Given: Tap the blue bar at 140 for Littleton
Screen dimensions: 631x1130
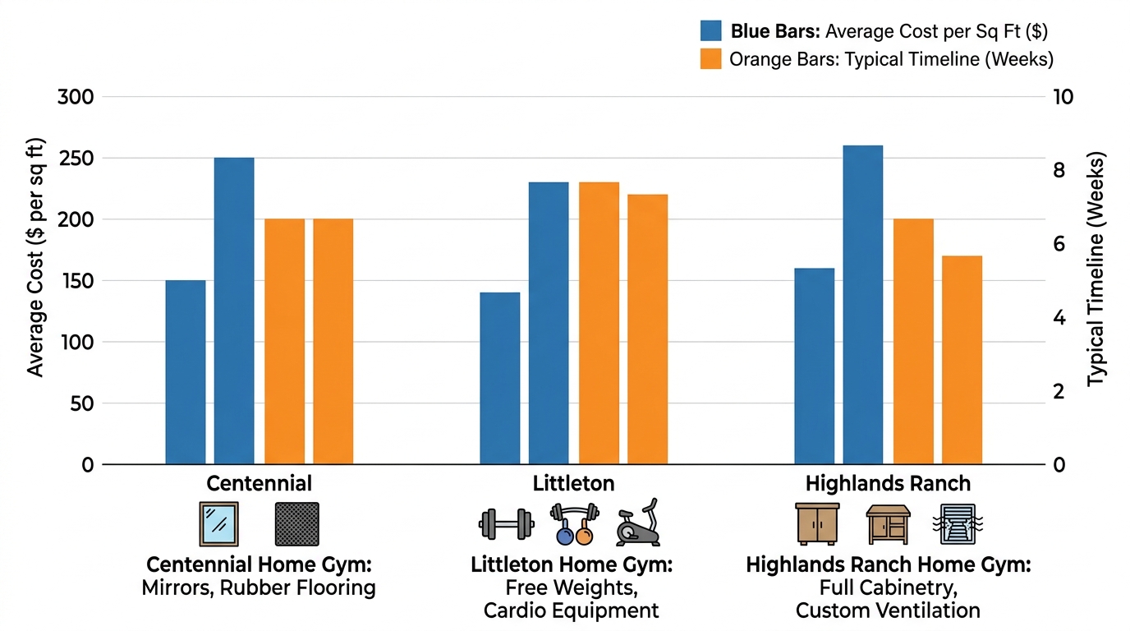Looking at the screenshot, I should point(499,378).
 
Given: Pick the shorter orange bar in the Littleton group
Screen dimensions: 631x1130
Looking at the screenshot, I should point(648,329).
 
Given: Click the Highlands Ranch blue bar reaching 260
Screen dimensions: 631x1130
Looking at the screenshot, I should point(862,305).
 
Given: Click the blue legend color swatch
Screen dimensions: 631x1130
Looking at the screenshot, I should point(710,31).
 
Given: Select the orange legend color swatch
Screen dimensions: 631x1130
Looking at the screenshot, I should point(710,59).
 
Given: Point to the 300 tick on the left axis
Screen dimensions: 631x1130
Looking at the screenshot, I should point(76,97).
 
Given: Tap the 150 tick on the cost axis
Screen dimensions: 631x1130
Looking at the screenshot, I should point(76,281).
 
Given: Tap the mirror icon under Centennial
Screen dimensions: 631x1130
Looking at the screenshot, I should point(218,524).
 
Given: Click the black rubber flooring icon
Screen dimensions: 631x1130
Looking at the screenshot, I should point(296,524).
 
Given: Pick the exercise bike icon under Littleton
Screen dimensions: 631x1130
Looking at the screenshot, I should point(639,523).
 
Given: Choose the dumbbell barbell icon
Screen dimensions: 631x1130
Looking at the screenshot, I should point(507,523).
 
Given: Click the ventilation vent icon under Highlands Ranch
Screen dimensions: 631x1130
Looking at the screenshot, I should point(958,524).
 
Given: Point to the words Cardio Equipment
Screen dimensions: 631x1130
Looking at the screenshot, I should point(571,610).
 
